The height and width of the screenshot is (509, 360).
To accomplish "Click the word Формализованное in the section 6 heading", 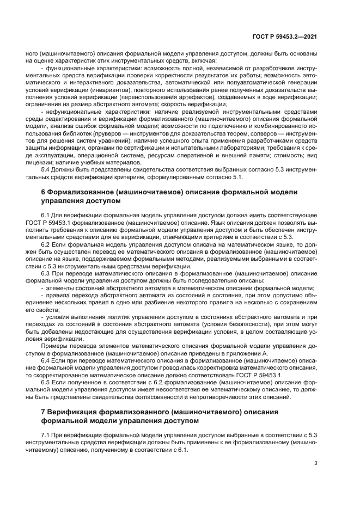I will (80, 193).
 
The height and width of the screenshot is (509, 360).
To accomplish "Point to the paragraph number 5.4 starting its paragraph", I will (47, 169).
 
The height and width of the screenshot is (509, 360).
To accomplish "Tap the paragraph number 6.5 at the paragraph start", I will (47, 382).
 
